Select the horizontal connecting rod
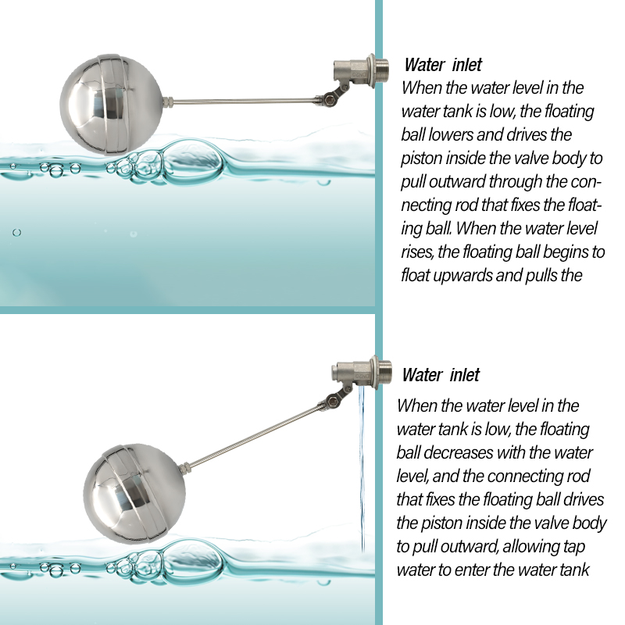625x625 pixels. click(x=242, y=101)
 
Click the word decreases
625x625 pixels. click(x=460, y=453)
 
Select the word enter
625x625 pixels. click(x=473, y=570)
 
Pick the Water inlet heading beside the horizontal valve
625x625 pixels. click(x=443, y=65)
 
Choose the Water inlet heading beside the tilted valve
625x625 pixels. click(x=441, y=375)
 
